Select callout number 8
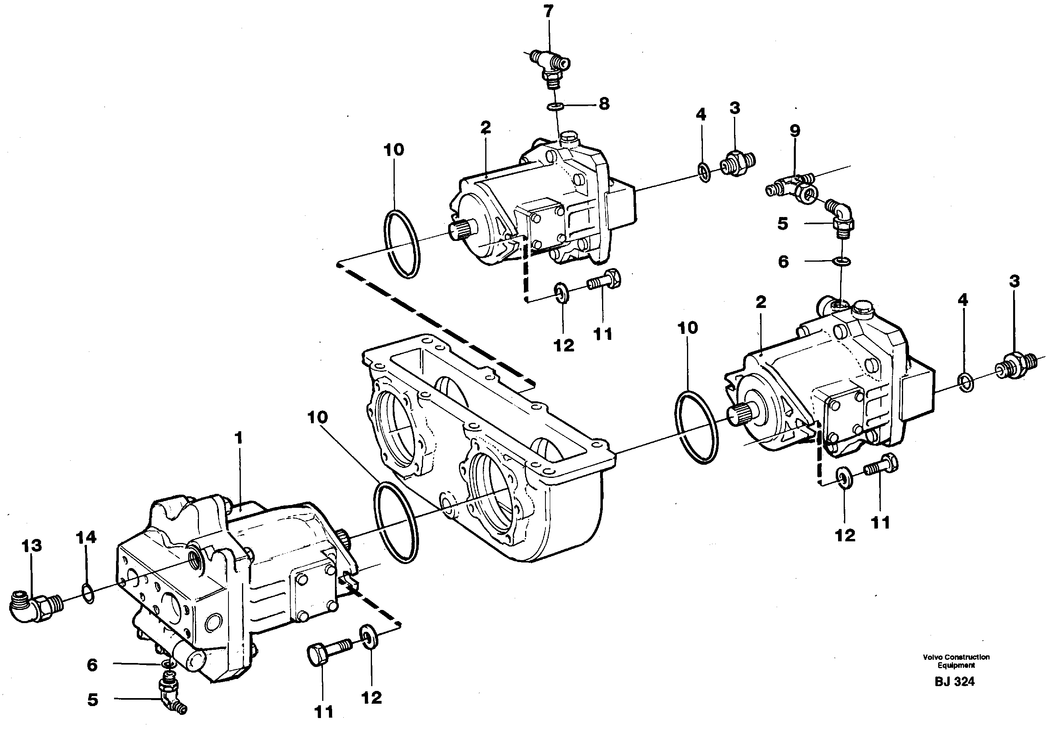point(604,104)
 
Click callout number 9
point(795,131)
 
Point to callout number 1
point(238,438)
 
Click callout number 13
point(31,545)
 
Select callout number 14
point(87,537)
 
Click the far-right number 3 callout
point(1014,281)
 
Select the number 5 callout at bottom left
point(93,700)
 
